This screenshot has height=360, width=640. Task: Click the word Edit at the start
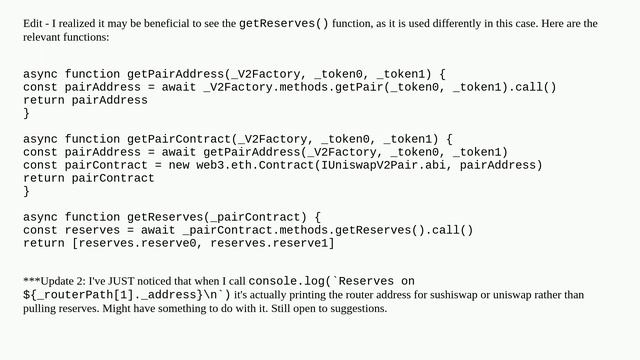coord(32,23)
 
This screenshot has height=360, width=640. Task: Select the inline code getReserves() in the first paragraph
coord(284,23)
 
